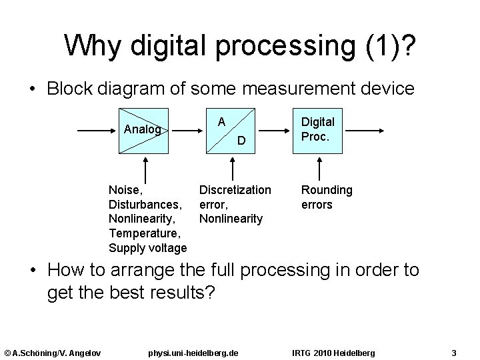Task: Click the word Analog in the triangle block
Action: click(x=143, y=129)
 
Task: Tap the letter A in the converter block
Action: click(x=223, y=121)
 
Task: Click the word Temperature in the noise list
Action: click(x=144, y=233)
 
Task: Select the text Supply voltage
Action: click(x=147, y=248)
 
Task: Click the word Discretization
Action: click(x=235, y=190)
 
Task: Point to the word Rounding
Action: click(x=327, y=190)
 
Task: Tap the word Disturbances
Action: click(x=143, y=205)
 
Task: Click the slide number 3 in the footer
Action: click(x=453, y=352)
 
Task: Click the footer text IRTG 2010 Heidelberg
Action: click(x=333, y=352)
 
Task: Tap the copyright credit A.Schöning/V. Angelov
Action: click(x=53, y=352)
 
